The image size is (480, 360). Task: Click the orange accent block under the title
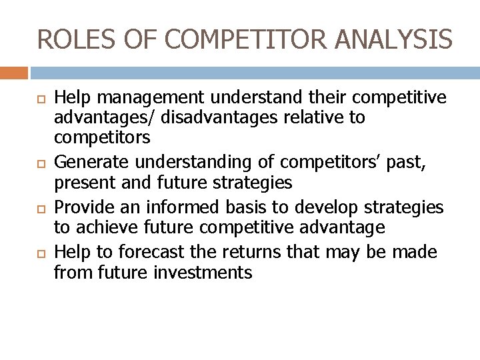14,73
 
